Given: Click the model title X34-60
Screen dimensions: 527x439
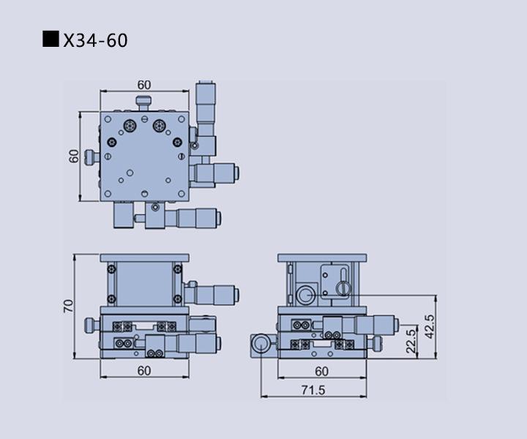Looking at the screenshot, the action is click(x=95, y=40).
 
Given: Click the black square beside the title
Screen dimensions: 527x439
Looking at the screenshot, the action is click(x=51, y=39).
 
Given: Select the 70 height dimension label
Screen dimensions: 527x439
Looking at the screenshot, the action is click(x=68, y=306).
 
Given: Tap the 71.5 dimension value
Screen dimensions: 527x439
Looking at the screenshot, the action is click(x=313, y=390).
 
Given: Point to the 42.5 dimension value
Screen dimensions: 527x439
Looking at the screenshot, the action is click(x=430, y=326).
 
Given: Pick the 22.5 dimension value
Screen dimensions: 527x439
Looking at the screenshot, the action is click(x=411, y=341).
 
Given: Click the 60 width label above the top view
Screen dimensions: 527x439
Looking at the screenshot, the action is click(x=144, y=85).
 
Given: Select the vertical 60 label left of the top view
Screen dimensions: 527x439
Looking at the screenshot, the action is click(x=74, y=156).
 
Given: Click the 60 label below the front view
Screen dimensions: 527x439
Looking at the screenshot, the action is click(x=144, y=371).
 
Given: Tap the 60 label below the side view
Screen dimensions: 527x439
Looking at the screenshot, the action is click(x=321, y=371).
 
